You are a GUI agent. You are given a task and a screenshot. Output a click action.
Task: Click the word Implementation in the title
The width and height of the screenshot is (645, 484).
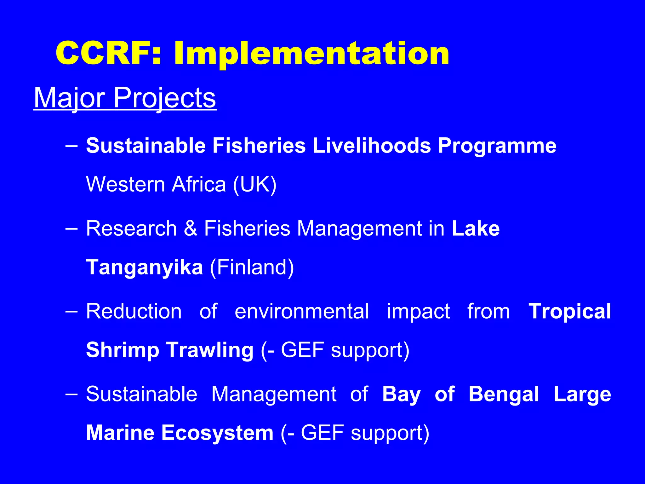pyautogui.click(x=311, y=54)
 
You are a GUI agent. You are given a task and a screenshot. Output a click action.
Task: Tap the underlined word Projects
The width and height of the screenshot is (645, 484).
pyautogui.click(x=164, y=98)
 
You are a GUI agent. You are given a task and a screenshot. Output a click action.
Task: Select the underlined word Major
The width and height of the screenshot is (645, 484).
pyautogui.click(x=69, y=98)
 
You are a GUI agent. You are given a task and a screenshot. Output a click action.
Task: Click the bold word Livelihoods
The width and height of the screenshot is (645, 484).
pyautogui.click(x=372, y=146)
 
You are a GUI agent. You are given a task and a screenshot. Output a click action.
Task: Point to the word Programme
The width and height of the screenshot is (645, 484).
pyautogui.click(x=497, y=146)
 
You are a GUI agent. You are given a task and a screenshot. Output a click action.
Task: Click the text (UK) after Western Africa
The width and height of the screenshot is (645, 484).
pyautogui.click(x=255, y=184)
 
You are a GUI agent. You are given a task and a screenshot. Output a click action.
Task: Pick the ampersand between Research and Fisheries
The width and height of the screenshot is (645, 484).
pyautogui.click(x=190, y=228)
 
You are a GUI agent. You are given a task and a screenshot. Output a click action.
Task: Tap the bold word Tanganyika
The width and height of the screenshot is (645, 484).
pyautogui.click(x=145, y=267)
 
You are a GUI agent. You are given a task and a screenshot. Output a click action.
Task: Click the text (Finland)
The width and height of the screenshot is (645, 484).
pyautogui.click(x=252, y=267)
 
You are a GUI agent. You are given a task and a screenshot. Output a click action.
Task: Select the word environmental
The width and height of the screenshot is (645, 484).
pyautogui.click(x=302, y=311)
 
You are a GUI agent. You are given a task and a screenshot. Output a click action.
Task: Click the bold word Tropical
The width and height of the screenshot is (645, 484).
pyautogui.click(x=570, y=311)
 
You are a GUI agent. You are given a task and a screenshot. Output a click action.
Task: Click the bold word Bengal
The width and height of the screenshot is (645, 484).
pyautogui.click(x=504, y=394)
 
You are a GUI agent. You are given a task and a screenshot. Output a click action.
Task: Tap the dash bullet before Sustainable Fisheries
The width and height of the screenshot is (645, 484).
pyautogui.click(x=71, y=146)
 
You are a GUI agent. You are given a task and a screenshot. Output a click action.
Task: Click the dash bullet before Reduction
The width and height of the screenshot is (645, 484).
pyautogui.click(x=71, y=311)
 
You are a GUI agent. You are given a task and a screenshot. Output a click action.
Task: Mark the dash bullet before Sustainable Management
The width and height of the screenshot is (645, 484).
pyautogui.click(x=71, y=394)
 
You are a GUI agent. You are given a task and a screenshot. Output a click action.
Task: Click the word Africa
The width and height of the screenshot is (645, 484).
pyautogui.click(x=199, y=184)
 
